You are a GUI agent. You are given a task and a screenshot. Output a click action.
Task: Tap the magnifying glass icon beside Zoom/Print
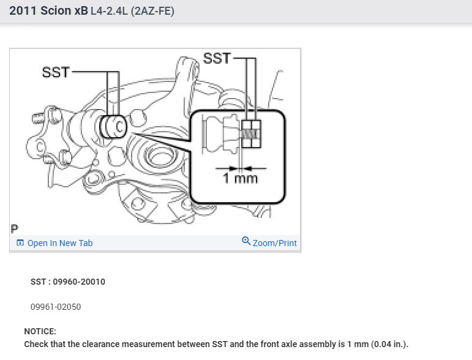(246, 241)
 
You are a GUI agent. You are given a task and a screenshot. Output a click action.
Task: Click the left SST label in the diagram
(56, 72)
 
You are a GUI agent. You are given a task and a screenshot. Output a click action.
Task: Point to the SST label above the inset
(217, 58)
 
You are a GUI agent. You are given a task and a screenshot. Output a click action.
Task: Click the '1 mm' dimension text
(240, 178)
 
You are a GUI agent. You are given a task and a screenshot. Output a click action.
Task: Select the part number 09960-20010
(79, 282)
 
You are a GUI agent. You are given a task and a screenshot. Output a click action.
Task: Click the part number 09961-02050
(56, 307)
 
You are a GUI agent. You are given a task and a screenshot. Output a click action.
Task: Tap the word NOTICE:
(40, 331)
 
